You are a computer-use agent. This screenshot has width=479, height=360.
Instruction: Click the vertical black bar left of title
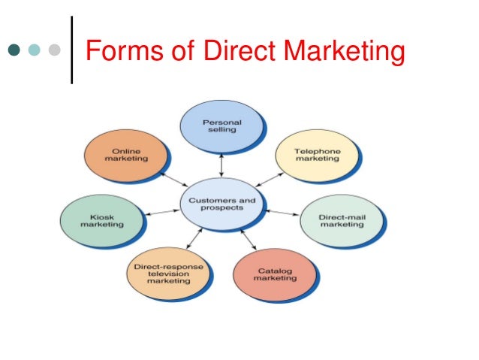[72, 50]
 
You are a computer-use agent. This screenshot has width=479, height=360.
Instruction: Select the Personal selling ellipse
[221, 125]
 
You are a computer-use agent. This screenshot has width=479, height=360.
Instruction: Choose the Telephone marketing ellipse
[317, 155]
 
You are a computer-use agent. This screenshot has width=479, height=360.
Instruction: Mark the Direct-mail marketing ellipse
[341, 221]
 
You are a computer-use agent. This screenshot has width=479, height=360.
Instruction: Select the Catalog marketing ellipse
[275, 274]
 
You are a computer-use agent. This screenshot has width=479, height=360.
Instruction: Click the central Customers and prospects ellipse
[222, 203]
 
